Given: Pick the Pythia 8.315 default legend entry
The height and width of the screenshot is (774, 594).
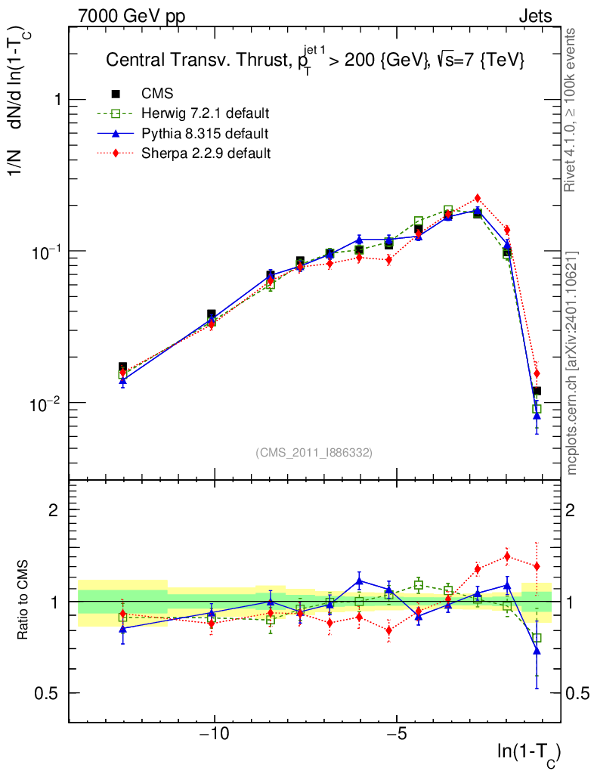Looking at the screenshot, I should (204, 134).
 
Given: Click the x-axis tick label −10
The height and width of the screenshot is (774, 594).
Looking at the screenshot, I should (215, 735).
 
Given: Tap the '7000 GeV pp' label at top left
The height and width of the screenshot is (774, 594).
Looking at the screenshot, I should (131, 16).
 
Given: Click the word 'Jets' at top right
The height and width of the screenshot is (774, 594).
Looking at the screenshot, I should (534, 16).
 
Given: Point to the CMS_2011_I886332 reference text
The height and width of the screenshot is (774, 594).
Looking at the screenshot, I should (314, 452).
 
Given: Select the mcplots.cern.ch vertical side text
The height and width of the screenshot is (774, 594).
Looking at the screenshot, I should (572, 363).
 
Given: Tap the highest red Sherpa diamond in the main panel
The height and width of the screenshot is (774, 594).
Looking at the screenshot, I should (477, 198).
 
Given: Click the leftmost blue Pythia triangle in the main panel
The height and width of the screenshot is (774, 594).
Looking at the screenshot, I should (122, 381).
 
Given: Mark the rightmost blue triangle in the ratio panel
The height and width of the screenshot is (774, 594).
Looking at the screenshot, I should (537, 649).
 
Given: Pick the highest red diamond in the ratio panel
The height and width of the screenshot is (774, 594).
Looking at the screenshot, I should (507, 556).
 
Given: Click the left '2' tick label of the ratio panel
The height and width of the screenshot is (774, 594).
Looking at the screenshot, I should (54, 509).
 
